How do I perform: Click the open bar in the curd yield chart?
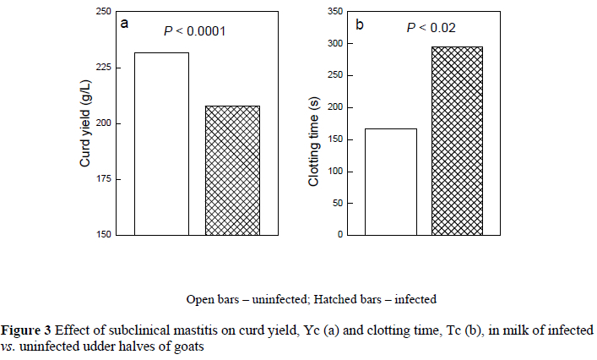click(x=161, y=143)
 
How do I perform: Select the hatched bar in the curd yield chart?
click(x=232, y=170)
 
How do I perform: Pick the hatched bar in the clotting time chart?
click(x=458, y=140)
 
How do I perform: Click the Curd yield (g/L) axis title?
click(x=85, y=123)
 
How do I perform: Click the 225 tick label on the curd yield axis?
click(x=100, y=68)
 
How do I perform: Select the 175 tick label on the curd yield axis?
click(x=100, y=179)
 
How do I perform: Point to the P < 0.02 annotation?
click(x=431, y=28)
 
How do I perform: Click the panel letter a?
click(x=124, y=24)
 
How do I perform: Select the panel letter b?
click(x=359, y=25)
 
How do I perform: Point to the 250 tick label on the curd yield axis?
click(x=100, y=12)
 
